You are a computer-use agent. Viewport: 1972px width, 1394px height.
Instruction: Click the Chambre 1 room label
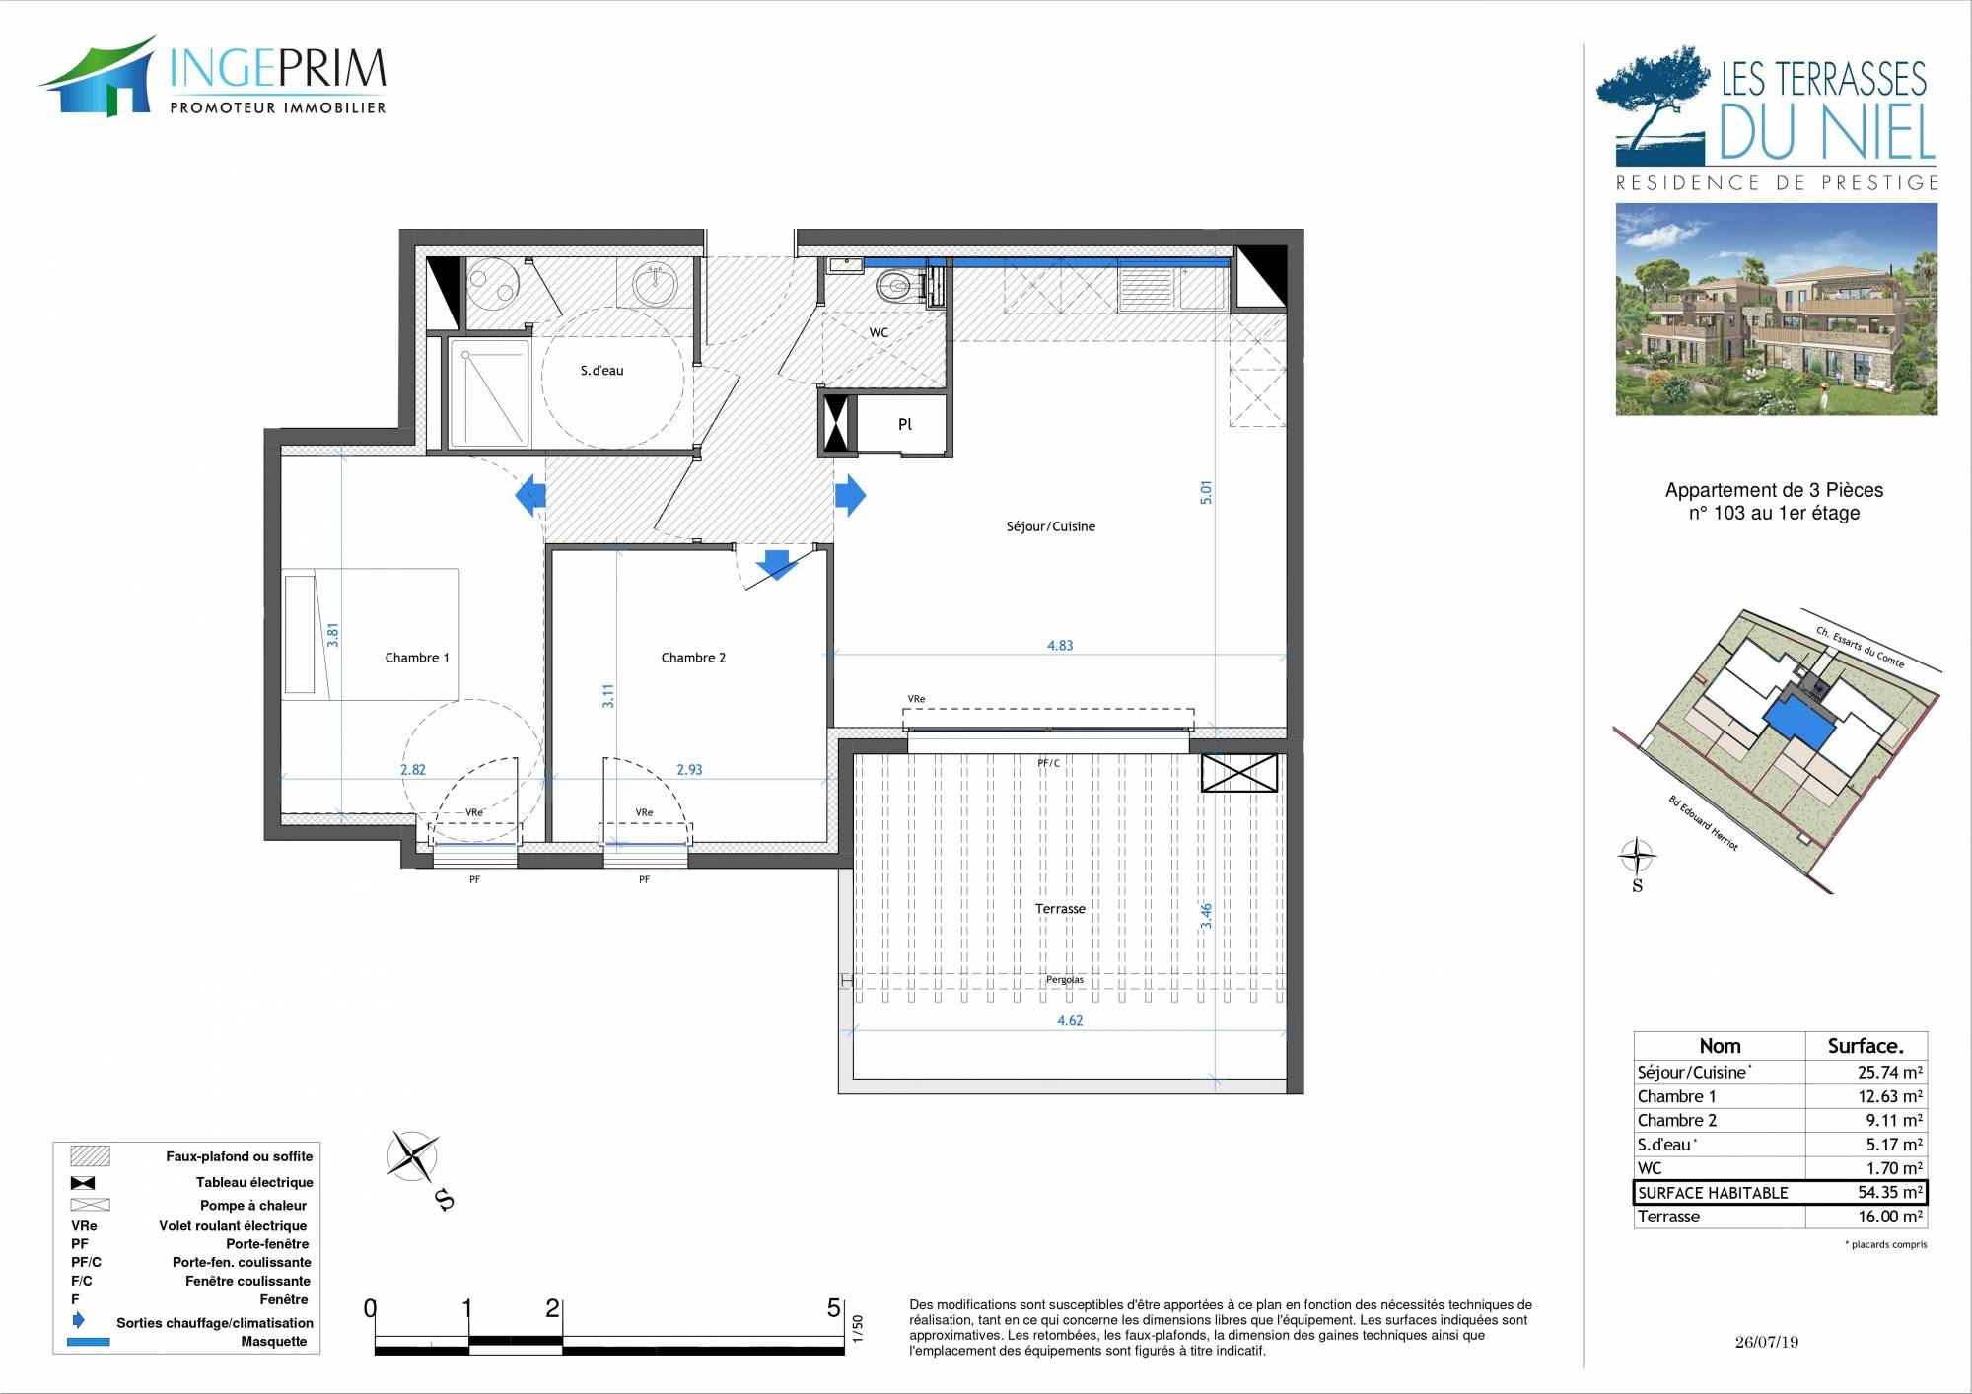[417, 658]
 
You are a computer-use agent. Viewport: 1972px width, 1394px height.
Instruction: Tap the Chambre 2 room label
[693, 658]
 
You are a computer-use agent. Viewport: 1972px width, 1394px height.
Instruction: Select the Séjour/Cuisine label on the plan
[1051, 526]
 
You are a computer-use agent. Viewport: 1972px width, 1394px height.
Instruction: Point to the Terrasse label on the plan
[1060, 909]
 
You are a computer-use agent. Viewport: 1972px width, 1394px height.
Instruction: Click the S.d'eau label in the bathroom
[601, 371]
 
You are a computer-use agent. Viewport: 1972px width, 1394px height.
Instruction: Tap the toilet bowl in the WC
[894, 285]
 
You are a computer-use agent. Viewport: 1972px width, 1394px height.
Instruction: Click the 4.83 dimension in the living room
[1060, 646]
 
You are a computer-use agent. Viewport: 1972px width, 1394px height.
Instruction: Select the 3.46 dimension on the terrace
[1206, 916]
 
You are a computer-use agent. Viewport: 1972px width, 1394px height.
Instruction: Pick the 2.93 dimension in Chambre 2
[689, 770]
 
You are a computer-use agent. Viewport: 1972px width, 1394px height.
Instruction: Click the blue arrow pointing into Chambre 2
[776, 564]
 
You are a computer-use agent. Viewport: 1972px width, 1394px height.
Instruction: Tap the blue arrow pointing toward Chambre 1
[530, 495]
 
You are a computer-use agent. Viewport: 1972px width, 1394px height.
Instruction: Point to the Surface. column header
[1866, 1046]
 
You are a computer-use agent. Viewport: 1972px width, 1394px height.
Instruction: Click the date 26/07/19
[1767, 1342]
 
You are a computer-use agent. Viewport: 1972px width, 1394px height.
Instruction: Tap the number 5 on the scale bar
[834, 1308]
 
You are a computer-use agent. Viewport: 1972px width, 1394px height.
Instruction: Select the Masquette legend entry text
[274, 1342]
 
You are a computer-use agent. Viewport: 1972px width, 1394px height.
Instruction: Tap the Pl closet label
[905, 425]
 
